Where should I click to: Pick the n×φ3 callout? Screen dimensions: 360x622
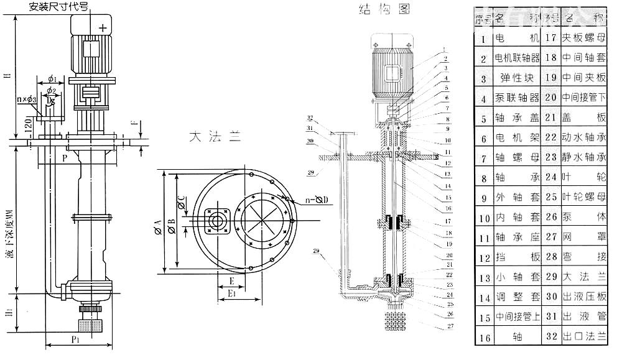point(27,99)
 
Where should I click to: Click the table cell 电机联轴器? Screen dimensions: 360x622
point(517,59)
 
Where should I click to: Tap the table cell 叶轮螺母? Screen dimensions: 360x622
point(583,197)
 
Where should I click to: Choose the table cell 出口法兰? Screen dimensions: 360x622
point(583,336)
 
